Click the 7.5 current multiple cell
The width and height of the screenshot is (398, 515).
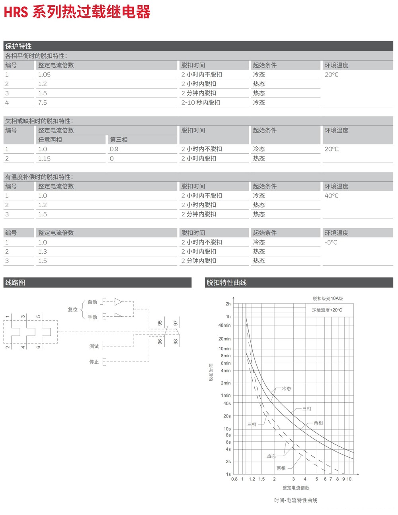point(43,103)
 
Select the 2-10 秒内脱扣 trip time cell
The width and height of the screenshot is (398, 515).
point(201,103)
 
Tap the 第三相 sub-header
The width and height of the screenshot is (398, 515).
point(119,140)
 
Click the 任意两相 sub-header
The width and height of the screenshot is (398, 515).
point(50,140)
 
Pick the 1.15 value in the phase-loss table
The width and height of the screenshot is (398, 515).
point(45,159)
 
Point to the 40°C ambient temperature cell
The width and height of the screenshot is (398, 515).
point(332,196)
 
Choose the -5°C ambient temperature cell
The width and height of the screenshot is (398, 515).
point(331,242)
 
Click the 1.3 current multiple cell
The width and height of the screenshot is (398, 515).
point(43,252)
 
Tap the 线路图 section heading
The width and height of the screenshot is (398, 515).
point(15,282)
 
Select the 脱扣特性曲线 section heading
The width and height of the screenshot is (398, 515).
point(226,282)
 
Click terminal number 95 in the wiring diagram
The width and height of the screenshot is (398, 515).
point(160,323)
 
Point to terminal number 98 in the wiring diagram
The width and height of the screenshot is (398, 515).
point(176,342)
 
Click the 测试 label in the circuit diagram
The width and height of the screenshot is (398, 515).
point(94,347)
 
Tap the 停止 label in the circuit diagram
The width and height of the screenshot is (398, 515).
point(94,362)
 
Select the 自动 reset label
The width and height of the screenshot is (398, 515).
point(92,302)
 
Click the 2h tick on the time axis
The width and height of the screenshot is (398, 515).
point(228,304)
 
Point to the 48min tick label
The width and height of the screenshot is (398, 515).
point(224,325)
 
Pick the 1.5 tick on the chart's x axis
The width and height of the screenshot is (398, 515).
point(261,479)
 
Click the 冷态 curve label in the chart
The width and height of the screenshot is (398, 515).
point(287,389)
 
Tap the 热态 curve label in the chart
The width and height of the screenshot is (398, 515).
point(271,456)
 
